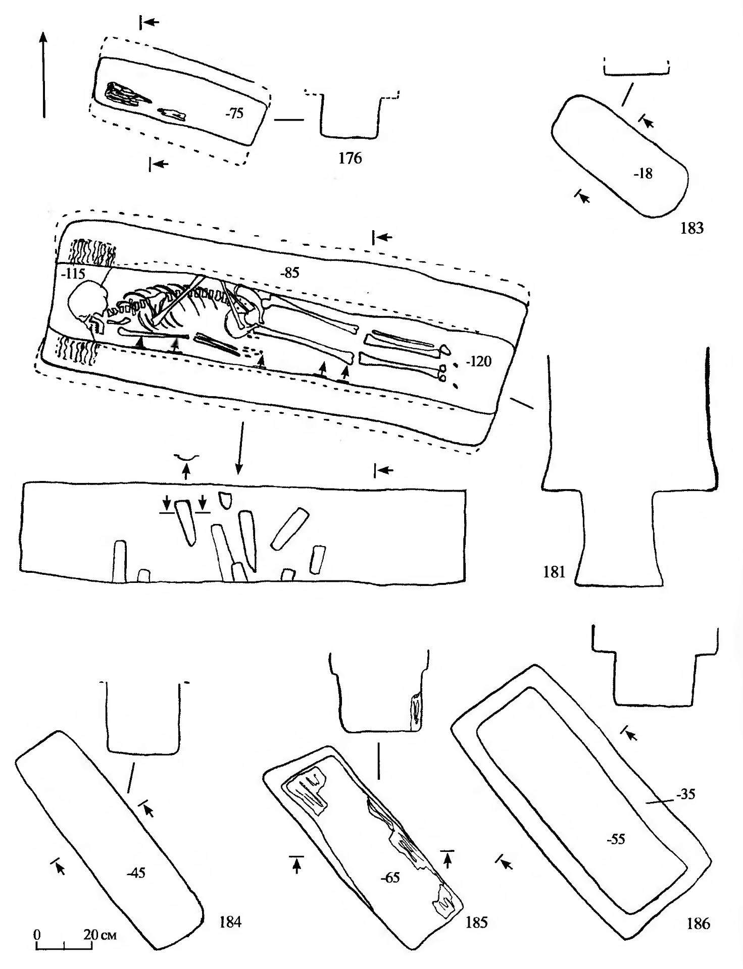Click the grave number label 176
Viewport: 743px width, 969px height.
350,158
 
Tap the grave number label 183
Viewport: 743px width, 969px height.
691,228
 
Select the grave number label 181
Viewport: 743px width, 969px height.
554,573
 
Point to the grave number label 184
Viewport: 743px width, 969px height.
230,923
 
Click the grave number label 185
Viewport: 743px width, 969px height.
476,923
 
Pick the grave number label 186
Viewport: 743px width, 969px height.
698,924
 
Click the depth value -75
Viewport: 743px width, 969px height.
234,114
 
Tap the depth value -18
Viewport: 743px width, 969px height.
643,174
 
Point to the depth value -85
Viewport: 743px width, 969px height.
289,273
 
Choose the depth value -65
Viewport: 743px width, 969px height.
389,878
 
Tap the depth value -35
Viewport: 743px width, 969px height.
685,795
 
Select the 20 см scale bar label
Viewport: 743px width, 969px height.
100,934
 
